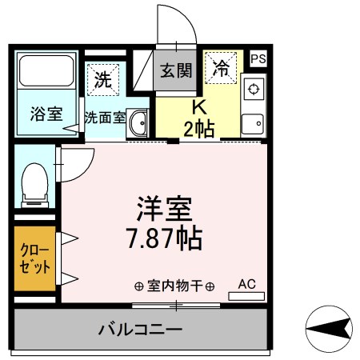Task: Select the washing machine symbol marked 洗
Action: click(102, 78)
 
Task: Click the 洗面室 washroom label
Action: click(104, 117)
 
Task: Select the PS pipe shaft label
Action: click(258, 58)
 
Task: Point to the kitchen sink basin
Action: click(254, 124)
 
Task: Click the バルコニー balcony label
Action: click(141, 330)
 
